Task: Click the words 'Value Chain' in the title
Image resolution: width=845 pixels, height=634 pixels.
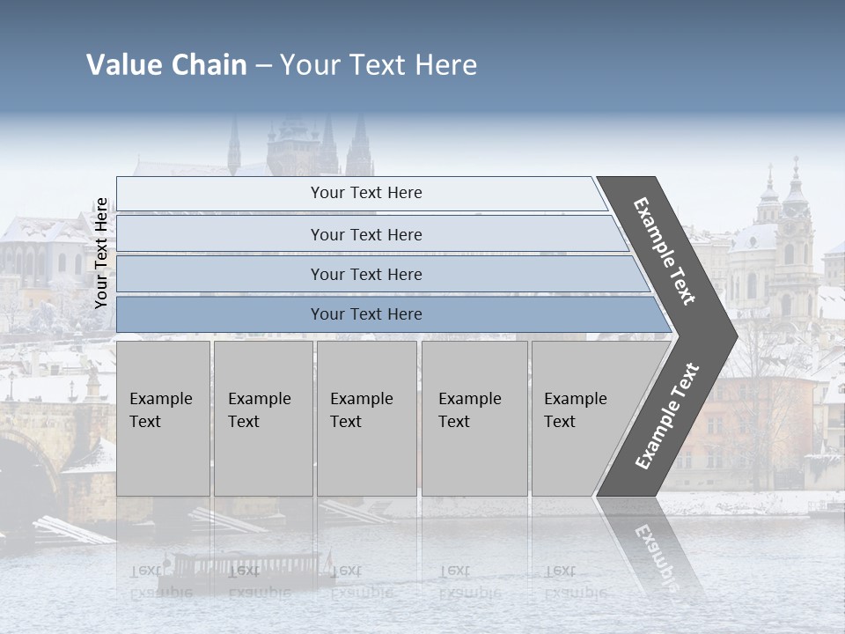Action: point(166,65)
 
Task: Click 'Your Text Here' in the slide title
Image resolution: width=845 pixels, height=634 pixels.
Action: point(378,65)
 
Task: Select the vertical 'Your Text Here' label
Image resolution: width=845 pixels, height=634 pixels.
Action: point(101,253)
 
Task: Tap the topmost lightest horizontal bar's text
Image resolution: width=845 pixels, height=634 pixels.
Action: point(366,193)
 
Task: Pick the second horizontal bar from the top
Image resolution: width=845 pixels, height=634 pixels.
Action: point(366,234)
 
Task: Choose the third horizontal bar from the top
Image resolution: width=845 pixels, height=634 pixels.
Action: point(366,274)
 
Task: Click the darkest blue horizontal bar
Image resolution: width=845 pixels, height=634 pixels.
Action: point(366,314)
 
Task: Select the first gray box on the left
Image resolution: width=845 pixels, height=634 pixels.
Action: point(163,417)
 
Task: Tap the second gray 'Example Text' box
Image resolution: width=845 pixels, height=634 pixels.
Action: point(262,417)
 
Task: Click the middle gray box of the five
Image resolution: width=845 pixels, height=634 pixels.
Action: point(366,417)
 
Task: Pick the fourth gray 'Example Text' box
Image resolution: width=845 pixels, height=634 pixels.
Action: point(474,417)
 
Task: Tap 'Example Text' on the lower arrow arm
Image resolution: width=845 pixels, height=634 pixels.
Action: point(667,416)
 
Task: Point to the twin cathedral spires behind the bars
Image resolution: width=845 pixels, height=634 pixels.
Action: point(343,145)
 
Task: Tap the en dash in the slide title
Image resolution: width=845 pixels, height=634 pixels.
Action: point(263,66)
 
